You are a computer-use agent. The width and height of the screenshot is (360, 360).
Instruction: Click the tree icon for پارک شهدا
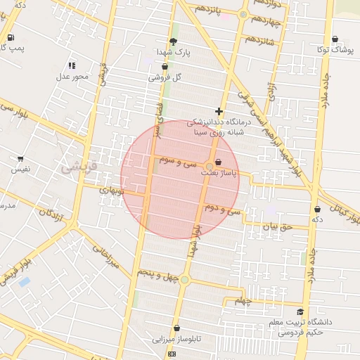[174, 41]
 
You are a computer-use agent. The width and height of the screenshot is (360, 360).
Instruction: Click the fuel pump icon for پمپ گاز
[11, 37]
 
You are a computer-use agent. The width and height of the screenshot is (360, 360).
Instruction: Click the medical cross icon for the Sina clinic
[219, 111]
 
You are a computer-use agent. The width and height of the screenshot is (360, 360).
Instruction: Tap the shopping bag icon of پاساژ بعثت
[219, 161]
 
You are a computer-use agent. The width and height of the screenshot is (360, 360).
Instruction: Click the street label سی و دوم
[223, 209]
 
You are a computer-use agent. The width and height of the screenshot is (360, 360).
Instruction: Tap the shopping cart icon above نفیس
[20, 159]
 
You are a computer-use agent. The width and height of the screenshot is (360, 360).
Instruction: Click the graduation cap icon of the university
[300, 311]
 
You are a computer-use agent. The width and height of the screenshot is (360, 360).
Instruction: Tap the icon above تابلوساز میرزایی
[176, 328]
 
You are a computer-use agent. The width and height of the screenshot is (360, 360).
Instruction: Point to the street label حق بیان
[276, 227]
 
